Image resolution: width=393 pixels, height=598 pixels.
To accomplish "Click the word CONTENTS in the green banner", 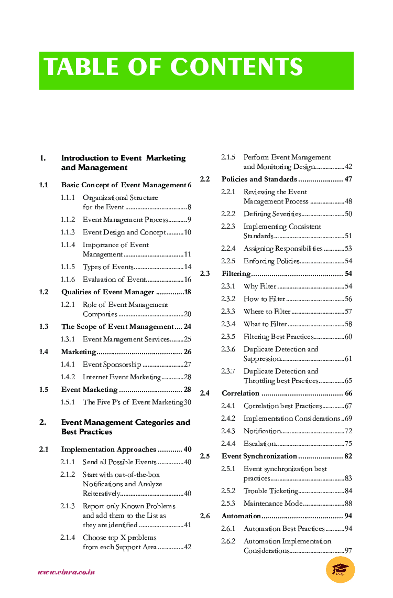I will [236, 68].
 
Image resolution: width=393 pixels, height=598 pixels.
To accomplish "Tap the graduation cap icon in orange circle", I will [340, 570].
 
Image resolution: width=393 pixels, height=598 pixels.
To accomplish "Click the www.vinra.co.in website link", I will [66, 572].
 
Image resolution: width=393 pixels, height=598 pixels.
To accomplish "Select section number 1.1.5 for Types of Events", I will [68, 267].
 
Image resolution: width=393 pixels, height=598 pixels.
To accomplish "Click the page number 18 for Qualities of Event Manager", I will [187, 292].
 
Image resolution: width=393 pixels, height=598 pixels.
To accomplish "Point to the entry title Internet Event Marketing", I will [122, 377].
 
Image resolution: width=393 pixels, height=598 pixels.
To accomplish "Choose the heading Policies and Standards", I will [259, 179].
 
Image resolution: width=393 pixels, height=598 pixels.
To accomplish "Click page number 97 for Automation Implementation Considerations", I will [348, 551].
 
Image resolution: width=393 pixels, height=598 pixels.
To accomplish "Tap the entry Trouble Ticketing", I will [270, 491].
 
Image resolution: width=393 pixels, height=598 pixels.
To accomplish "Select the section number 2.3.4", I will [228, 324].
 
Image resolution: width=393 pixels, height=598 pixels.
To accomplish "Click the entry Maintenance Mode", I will [272, 504].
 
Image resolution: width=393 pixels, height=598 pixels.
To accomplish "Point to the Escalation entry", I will [260, 444].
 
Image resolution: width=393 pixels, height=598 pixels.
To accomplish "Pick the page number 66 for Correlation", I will [348, 393].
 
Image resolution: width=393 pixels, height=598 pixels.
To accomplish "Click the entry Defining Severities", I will [272, 214].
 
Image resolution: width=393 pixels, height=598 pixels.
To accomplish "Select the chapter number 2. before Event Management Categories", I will [42, 422].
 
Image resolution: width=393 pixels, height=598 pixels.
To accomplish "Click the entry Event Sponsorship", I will [112, 365].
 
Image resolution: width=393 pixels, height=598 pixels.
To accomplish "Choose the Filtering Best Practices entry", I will [278, 337].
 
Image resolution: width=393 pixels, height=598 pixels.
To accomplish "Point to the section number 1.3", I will [43, 327].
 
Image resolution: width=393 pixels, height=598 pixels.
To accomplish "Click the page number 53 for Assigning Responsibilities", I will [348, 249].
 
